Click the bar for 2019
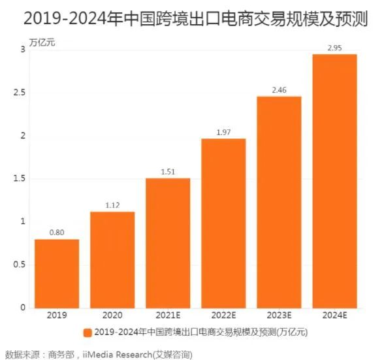click(57, 273)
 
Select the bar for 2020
click(112, 259)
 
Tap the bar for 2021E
click(168, 242)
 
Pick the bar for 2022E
click(223, 223)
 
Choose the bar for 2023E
click(279, 202)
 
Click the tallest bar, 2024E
click(334, 180)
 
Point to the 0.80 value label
click(57, 231)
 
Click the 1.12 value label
click(112, 205)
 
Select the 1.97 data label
click(223, 131)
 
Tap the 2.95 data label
click(334, 47)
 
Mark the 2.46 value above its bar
click(279, 89)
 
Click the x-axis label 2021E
click(168, 315)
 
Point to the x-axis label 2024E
click(334, 315)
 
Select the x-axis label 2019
click(57, 315)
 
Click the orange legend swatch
click(87, 333)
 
